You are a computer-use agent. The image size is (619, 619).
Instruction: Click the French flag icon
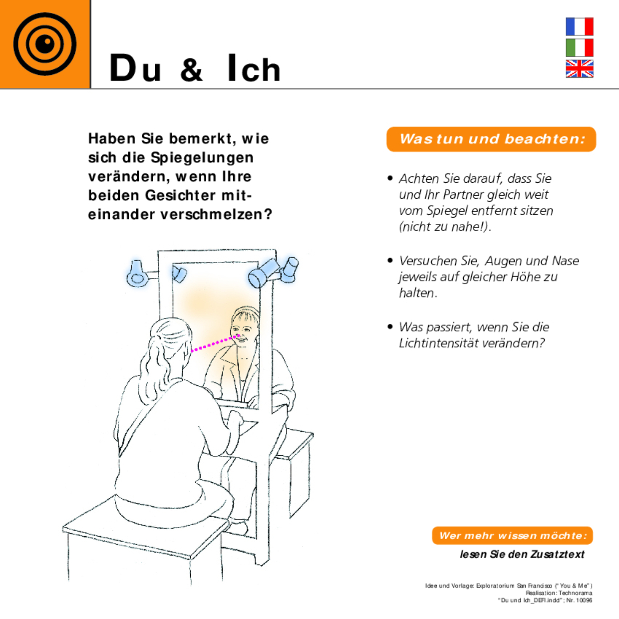tap(579, 26)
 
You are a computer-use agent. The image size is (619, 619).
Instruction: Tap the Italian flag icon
tap(579, 47)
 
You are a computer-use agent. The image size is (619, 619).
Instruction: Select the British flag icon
tap(579, 68)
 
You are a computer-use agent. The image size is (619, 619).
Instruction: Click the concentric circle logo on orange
tap(45, 44)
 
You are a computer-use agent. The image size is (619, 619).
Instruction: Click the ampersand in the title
tap(192, 69)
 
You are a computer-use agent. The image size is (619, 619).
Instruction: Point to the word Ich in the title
tap(254, 68)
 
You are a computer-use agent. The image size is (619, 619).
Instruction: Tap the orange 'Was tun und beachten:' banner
tap(491, 139)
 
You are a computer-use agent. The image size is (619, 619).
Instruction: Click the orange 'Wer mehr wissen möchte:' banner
tap(512, 536)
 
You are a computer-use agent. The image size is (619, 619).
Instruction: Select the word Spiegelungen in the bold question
tap(202, 158)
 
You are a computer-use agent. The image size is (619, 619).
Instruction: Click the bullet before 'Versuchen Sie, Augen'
tap(390, 261)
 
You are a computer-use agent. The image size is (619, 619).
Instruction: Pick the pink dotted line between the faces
tap(214, 343)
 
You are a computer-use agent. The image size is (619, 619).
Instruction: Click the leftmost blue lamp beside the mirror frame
tap(136, 274)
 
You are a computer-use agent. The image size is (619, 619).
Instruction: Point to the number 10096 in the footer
tap(584, 600)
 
